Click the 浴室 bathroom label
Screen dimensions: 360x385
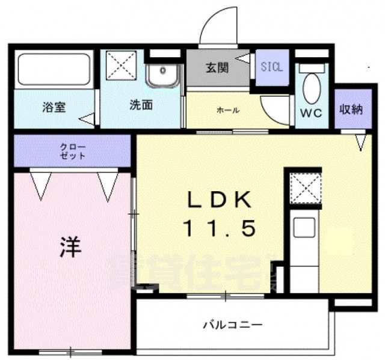(x=54, y=108)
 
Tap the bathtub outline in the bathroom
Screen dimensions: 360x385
(x=54, y=70)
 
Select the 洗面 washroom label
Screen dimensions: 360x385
(x=141, y=105)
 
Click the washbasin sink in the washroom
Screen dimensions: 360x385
(x=162, y=76)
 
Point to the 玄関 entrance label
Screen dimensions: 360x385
(x=217, y=68)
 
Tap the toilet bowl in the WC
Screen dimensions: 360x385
(x=312, y=87)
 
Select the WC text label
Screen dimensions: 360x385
(x=312, y=112)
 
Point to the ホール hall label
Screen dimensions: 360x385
(x=228, y=110)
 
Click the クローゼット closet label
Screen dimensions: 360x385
(x=72, y=151)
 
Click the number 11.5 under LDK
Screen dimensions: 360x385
(x=220, y=228)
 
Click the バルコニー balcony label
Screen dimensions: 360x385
(x=232, y=325)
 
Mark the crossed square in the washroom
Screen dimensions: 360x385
(x=122, y=65)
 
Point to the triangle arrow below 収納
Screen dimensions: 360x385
(x=360, y=142)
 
